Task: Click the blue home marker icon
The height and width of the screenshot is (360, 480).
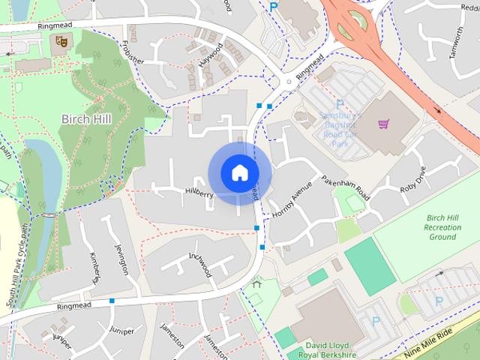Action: tap(238, 172)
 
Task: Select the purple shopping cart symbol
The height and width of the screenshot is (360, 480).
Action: tap(384, 123)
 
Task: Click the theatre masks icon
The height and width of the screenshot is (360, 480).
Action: tap(62, 42)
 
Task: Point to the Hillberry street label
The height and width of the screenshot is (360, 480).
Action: tap(199, 194)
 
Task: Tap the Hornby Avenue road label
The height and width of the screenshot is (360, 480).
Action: tap(292, 203)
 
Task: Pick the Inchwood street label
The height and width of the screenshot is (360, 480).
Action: tap(201, 264)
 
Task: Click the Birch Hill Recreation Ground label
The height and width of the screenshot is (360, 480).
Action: tap(442, 226)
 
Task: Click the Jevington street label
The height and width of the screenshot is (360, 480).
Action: tap(121, 259)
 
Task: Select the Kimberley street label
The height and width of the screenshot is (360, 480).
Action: tap(95, 268)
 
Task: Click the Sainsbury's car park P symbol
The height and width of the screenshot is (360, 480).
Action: tap(340, 105)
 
